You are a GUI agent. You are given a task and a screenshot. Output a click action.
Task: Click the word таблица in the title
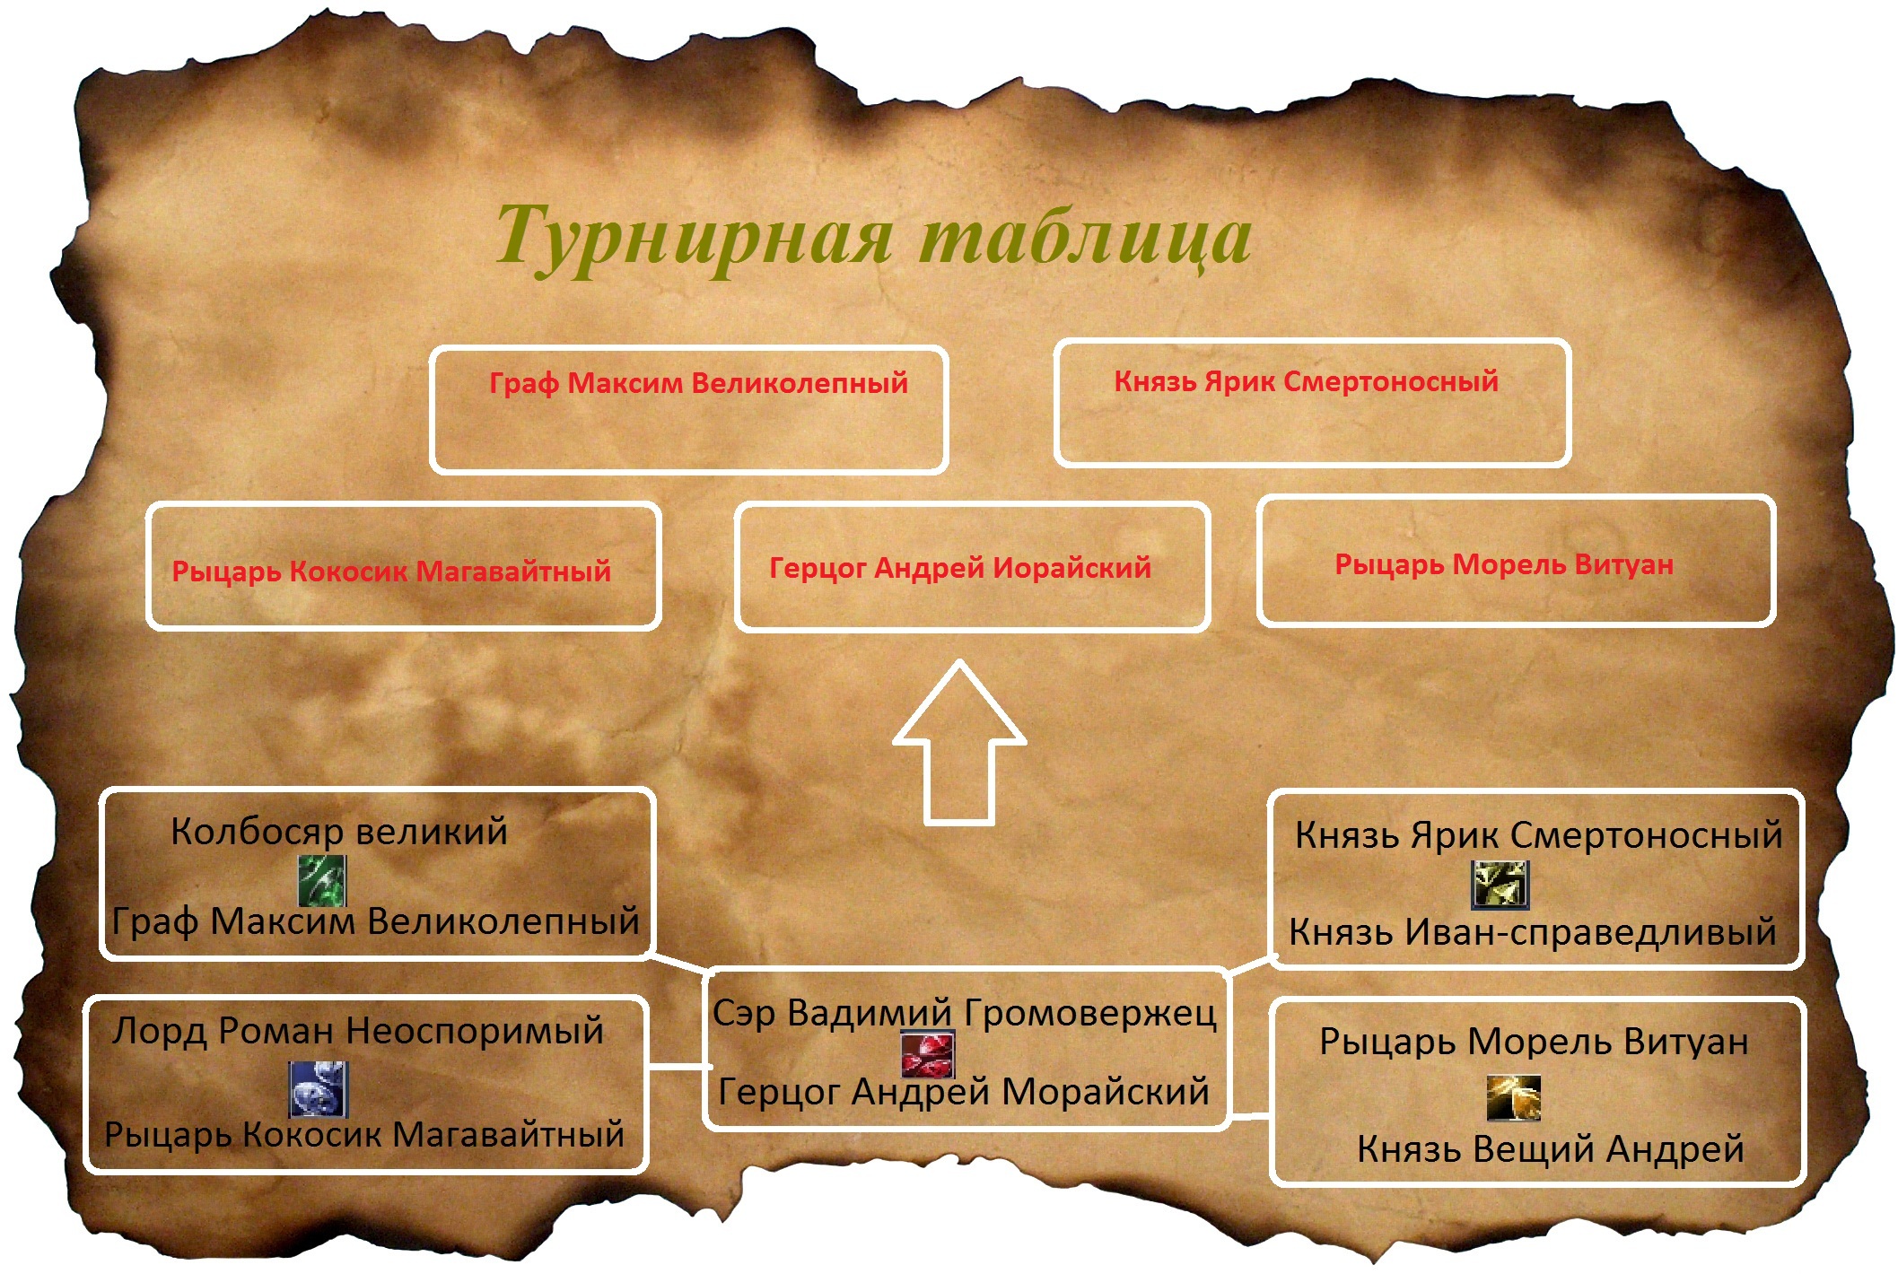[1087, 235]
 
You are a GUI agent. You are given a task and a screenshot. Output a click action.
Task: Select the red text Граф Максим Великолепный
[698, 384]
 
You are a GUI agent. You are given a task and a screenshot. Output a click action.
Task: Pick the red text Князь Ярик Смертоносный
[1306, 381]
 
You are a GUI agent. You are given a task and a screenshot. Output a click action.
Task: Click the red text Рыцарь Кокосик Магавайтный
[391, 571]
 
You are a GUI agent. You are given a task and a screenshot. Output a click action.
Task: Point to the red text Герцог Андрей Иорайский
[960, 567]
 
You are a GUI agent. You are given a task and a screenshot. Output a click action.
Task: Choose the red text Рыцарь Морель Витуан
[1504, 564]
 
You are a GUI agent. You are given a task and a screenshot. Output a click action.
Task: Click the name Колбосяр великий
[339, 833]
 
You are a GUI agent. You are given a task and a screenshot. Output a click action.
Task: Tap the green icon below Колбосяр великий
[321, 880]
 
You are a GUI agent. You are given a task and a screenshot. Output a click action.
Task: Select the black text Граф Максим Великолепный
[375, 921]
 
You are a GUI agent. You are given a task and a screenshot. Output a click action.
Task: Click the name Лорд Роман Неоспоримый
[358, 1031]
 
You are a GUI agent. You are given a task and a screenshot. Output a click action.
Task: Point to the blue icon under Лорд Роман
[318, 1089]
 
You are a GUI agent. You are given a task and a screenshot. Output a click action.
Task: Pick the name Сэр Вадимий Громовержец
[965, 1014]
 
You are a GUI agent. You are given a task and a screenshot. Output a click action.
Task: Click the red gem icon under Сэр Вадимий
[928, 1054]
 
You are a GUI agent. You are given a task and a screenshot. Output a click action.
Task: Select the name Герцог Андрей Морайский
[964, 1092]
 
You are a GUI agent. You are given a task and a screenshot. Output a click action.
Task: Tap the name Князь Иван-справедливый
[1533, 931]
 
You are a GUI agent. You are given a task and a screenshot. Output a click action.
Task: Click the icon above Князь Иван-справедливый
[1500, 885]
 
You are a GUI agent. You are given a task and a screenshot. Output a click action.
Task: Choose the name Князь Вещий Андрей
[1550, 1148]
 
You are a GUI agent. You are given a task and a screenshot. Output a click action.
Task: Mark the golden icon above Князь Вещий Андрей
[1513, 1097]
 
